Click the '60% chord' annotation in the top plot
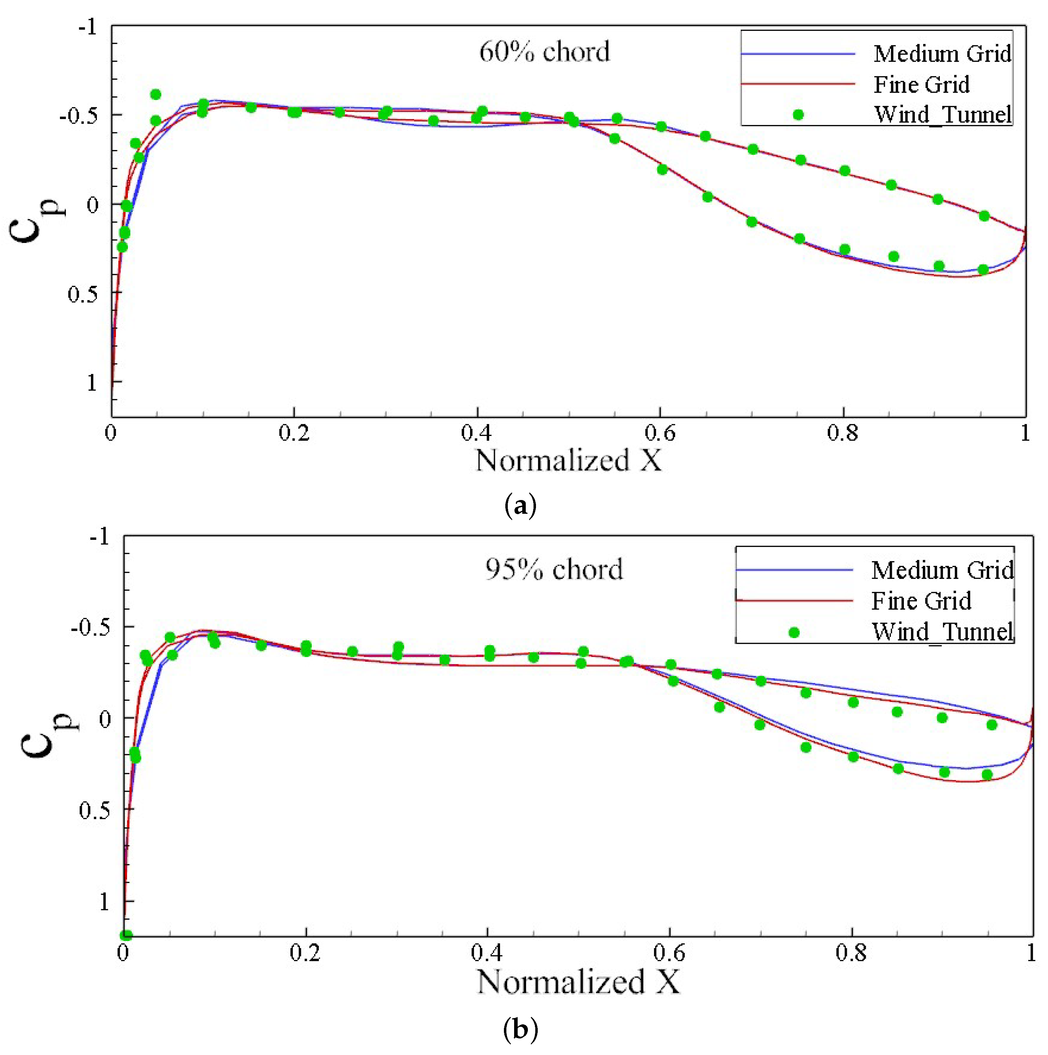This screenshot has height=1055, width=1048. [544, 52]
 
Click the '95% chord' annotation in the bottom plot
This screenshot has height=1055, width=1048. [554, 569]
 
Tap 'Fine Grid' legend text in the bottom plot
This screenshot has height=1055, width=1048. [921, 601]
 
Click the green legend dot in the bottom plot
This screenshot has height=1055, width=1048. [794, 632]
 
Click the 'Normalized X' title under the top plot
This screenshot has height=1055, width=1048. [568, 460]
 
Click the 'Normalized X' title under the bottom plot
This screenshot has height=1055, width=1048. [578, 981]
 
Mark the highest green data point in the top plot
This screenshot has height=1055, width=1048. [156, 94]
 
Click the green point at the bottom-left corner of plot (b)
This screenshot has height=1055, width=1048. [126, 935]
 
